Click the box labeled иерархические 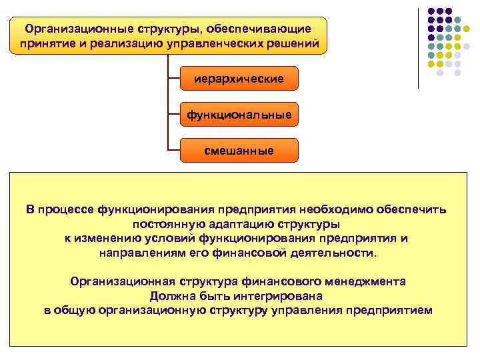click(239, 79)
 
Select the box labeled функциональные click(239, 115)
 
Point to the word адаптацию click(247, 225)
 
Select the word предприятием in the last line click(392, 311)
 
